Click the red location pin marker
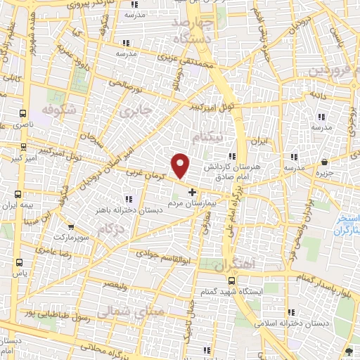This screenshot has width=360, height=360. (x=181, y=166)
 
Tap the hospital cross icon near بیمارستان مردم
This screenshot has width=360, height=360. (x=193, y=191)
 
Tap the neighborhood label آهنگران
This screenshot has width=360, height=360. (x=229, y=266)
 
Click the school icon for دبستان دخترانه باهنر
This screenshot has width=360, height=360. (x=127, y=198)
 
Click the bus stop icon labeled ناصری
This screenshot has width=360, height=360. (x=23, y=112)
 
